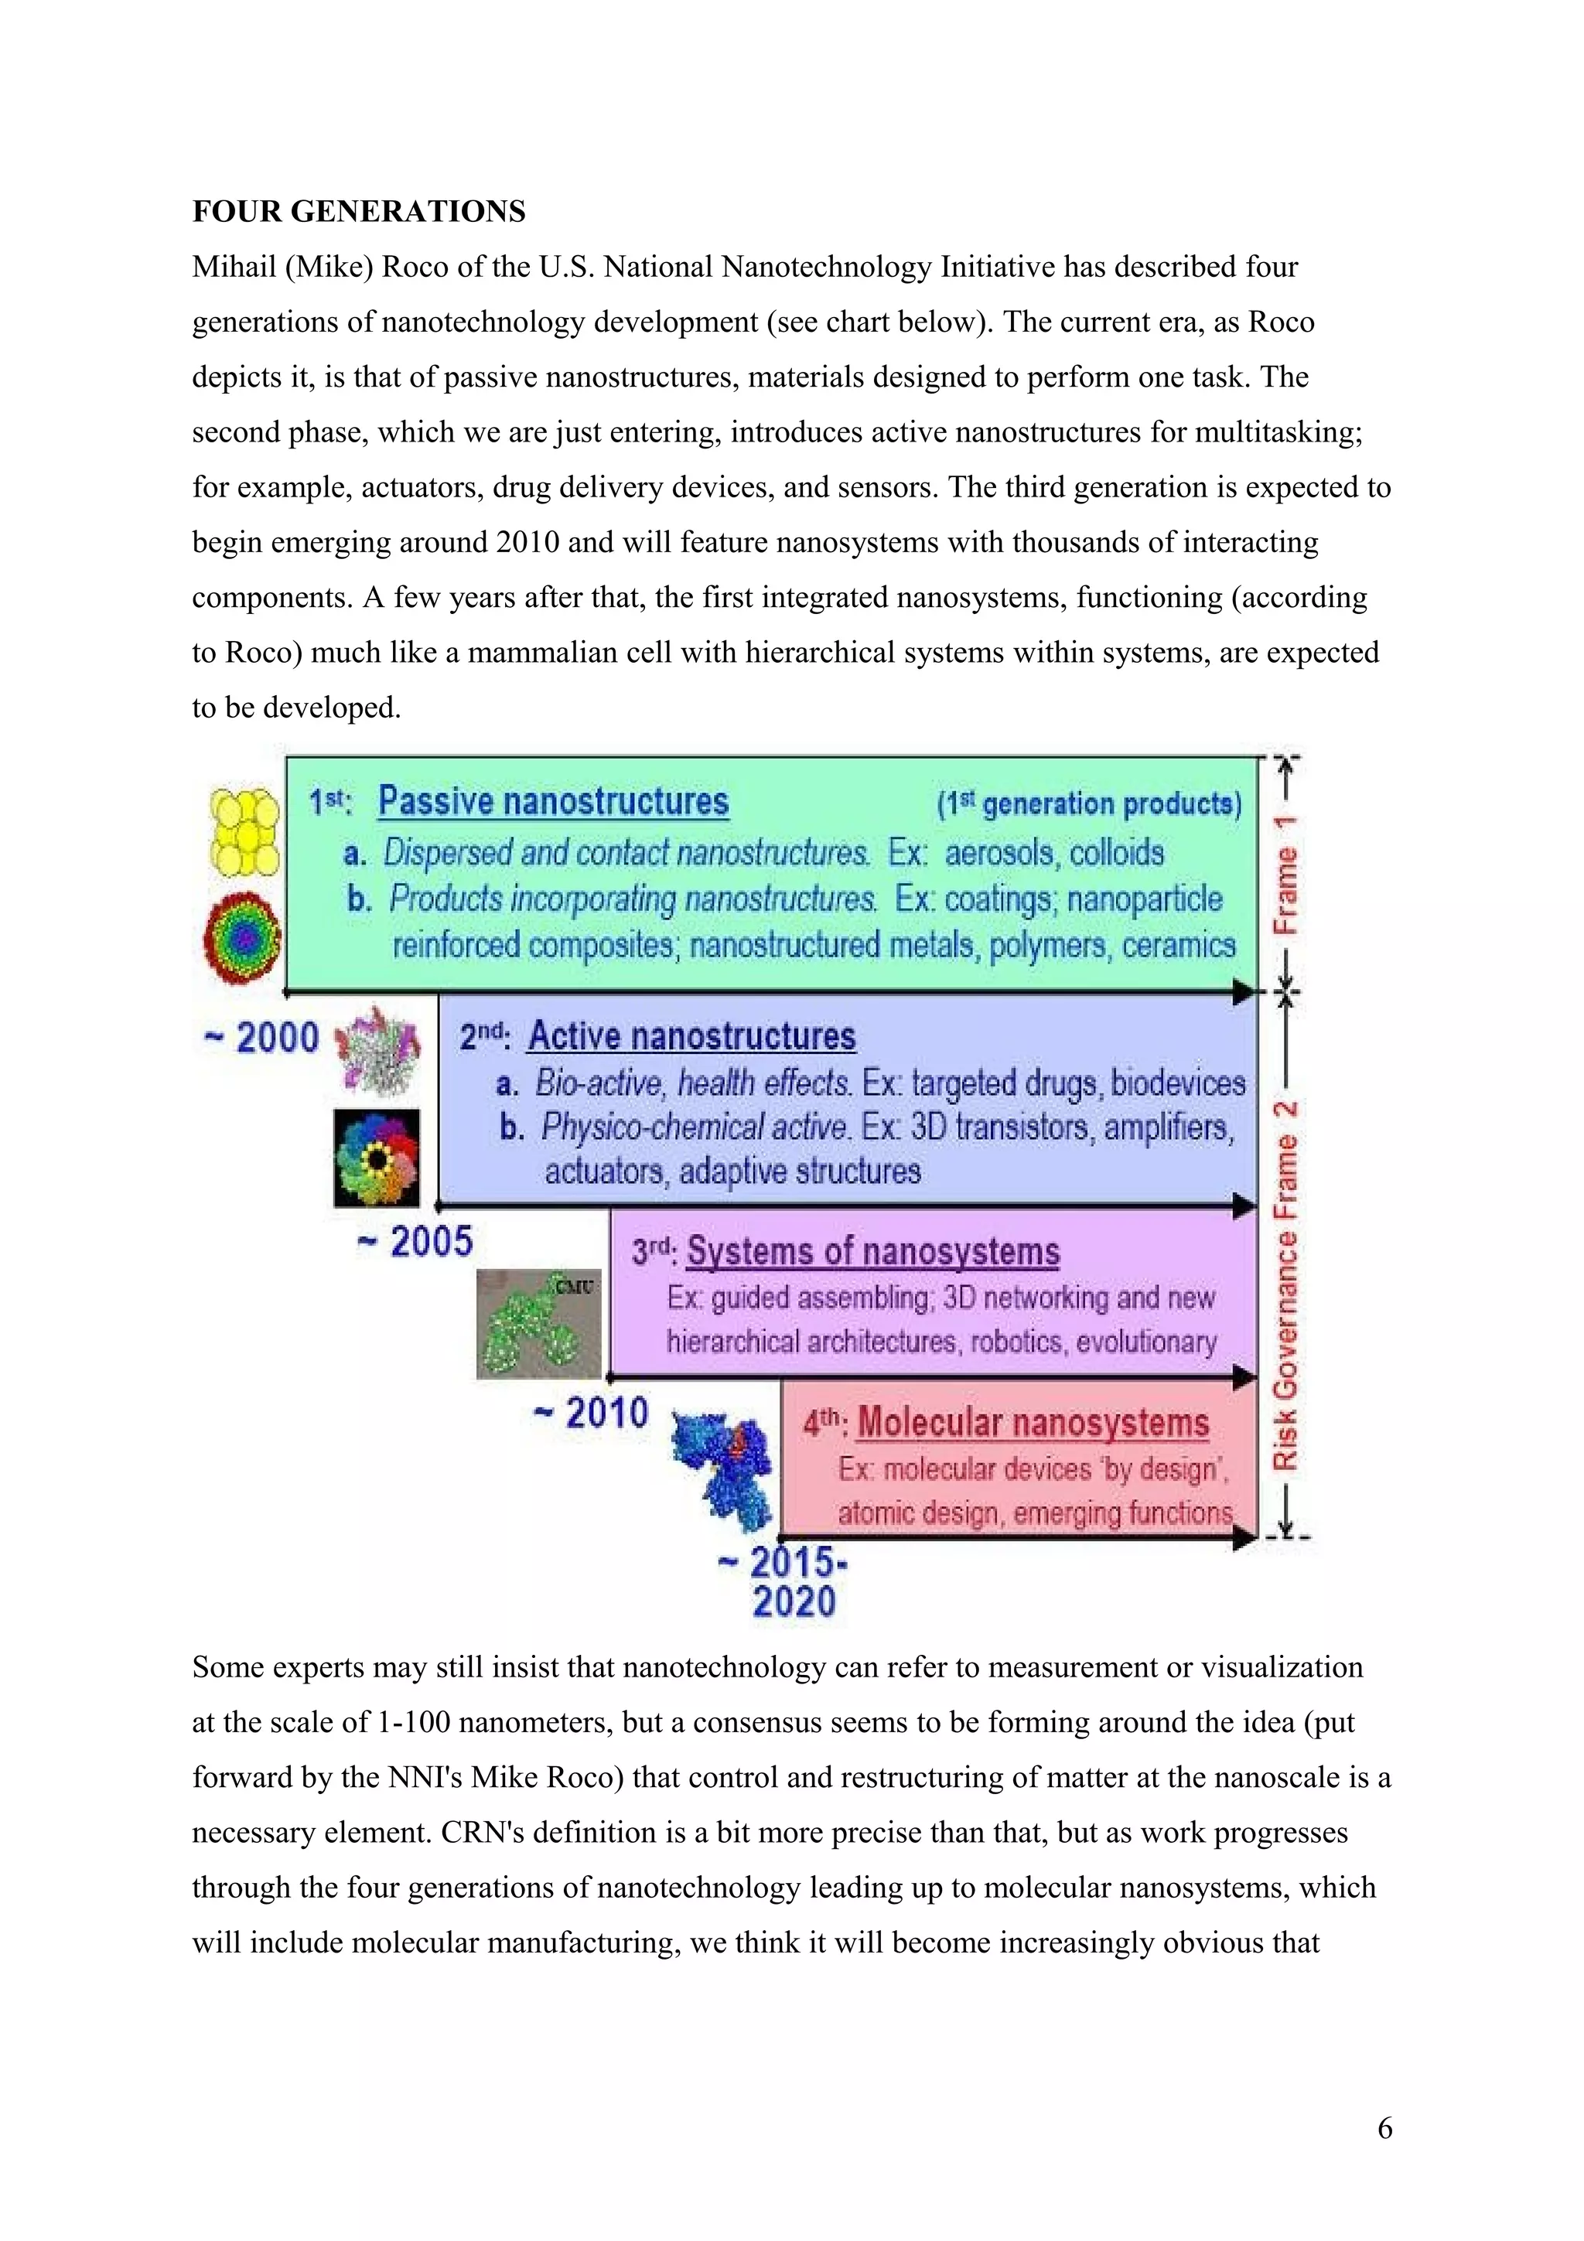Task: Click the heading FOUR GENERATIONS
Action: coord(358,212)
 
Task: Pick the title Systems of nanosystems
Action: coord(872,1251)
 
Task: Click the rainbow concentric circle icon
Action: coord(243,938)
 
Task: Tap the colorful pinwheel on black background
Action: coord(377,1158)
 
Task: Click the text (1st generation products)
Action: coord(1089,803)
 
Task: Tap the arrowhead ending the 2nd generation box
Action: coord(1244,1206)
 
